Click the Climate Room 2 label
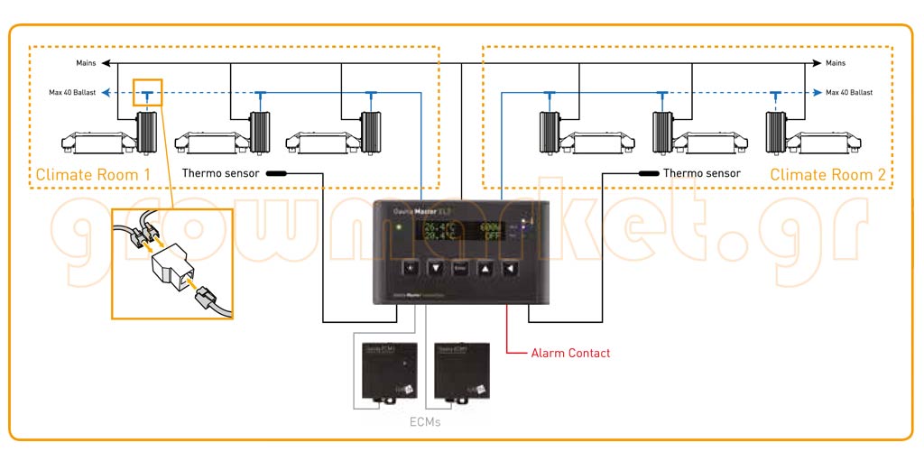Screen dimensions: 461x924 (827, 174)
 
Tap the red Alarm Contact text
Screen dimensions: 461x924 (570, 353)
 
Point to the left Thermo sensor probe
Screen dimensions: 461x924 (275, 173)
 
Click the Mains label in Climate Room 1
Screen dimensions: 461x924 (87, 63)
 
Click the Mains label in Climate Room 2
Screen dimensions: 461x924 (836, 63)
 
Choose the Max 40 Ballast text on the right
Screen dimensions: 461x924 (848, 92)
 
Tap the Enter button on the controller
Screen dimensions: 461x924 (459, 268)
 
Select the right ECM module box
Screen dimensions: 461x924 (460, 370)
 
